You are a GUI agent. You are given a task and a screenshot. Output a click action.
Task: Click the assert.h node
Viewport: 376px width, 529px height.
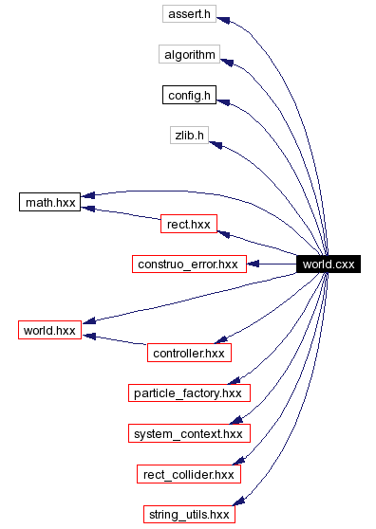coord(189,14)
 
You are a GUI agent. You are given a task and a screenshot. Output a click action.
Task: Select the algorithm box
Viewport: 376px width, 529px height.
coord(189,54)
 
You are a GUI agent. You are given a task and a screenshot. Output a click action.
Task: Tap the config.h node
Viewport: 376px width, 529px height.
coord(189,95)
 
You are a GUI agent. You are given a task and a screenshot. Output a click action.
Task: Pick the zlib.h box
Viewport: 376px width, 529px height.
coord(189,135)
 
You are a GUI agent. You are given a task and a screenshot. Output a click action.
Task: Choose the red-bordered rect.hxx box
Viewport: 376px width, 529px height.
coord(188,224)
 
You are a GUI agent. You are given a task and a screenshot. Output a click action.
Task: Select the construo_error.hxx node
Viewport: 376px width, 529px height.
coord(189,264)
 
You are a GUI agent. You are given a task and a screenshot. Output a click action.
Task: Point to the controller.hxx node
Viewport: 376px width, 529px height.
coord(189,353)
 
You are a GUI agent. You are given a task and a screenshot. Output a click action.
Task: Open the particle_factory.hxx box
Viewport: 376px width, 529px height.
coord(189,392)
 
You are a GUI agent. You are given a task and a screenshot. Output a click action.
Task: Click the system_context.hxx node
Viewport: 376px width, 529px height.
coord(189,433)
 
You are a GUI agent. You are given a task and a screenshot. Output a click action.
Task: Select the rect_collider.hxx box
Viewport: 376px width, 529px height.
coord(189,473)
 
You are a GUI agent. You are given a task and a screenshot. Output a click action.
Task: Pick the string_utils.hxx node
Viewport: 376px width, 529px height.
coord(189,514)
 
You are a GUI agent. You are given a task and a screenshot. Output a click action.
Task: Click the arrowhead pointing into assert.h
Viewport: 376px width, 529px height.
coord(224,19)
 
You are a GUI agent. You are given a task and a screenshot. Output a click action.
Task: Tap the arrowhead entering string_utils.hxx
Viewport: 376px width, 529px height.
coord(242,502)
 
